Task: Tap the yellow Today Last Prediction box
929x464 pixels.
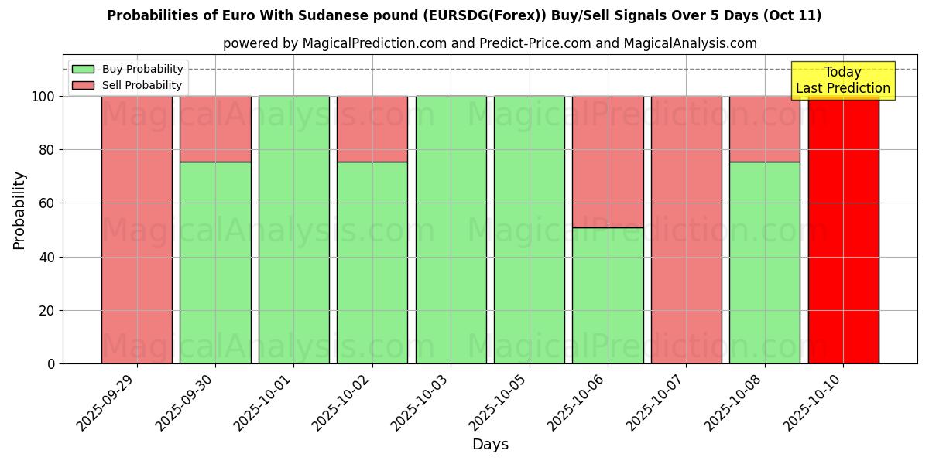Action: (x=842, y=80)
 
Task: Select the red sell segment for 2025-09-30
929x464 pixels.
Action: (x=215, y=128)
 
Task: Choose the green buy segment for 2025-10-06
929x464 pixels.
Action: (x=608, y=295)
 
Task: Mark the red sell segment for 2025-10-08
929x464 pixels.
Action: (x=764, y=128)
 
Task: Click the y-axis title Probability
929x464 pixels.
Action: (x=19, y=210)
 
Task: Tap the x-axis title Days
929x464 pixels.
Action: (x=490, y=445)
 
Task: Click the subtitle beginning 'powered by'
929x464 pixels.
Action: (x=489, y=43)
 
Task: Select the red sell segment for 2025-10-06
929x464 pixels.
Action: (x=608, y=162)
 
